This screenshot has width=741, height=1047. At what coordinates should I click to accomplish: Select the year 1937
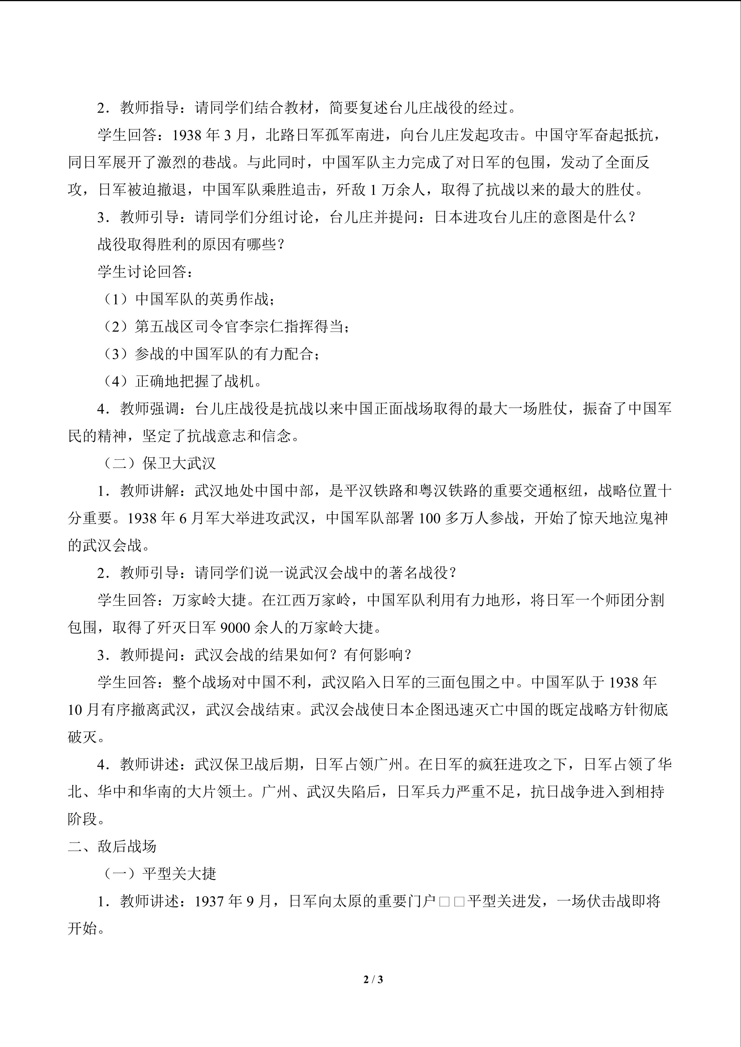pos(210,901)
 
